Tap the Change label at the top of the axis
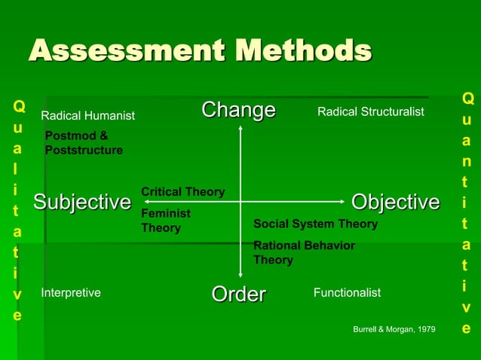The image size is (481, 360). [x=238, y=111]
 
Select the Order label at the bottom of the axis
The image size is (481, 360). [x=238, y=294]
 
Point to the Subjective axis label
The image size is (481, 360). [x=81, y=202]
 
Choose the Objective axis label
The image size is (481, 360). [x=395, y=202]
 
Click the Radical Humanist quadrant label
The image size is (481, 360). [x=87, y=116]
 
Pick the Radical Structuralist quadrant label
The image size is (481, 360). [x=371, y=112]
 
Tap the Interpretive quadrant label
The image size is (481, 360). [x=71, y=293]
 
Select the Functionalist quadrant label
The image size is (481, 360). [x=347, y=293]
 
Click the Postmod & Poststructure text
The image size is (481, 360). [x=84, y=143]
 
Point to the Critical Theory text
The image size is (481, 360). [x=182, y=192]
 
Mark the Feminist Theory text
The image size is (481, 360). [x=166, y=221]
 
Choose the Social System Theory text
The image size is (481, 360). [x=315, y=224]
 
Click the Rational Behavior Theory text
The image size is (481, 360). [x=304, y=252]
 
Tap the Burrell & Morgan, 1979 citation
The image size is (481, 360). [x=394, y=330]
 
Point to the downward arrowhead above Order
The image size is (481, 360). [x=240, y=275]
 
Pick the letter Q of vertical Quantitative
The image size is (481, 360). [x=467, y=99]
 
